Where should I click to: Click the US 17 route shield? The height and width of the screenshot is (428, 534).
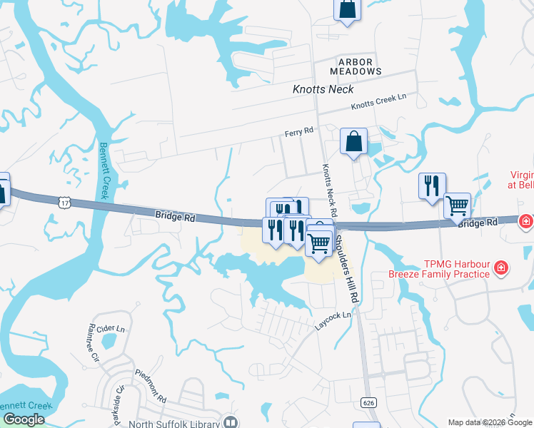pos(65,203)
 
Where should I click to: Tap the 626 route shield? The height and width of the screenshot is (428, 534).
pos(368,403)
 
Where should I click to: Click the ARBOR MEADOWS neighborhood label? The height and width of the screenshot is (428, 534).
pos(356,66)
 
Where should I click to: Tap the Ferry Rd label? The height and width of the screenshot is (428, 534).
pos(299,132)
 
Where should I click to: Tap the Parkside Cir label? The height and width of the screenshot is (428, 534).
pos(119,404)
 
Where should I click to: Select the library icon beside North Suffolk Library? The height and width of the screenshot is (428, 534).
pos(231,422)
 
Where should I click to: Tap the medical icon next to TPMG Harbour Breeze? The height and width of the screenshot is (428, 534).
pos(502,268)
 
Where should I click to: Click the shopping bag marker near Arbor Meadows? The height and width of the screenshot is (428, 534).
pos(347,10)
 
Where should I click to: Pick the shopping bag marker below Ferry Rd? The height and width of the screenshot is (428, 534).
pos(353,142)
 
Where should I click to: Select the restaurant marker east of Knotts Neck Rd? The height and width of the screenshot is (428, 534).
pos(432,186)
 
